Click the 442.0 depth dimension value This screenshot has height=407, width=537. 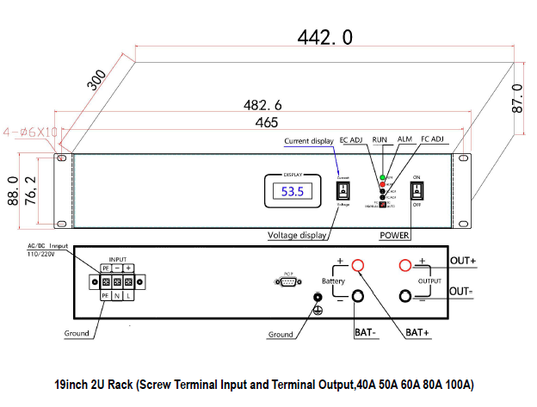[x=324, y=37]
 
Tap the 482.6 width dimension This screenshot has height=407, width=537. [x=263, y=105]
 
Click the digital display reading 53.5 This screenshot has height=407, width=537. [x=293, y=192]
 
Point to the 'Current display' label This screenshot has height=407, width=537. [x=308, y=141]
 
